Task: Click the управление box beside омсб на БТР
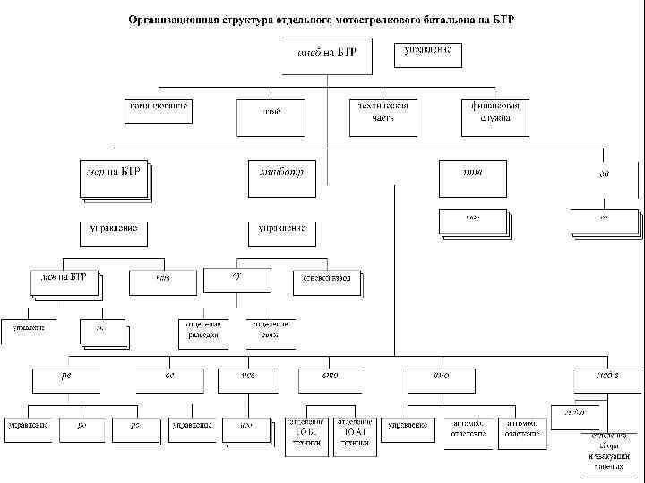tap(427, 54)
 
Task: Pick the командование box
tap(159, 111)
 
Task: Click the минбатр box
tap(284, 177)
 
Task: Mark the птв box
tap(472, 177)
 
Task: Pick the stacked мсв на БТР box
tap(64, 282)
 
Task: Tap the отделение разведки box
tap(202, 332)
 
